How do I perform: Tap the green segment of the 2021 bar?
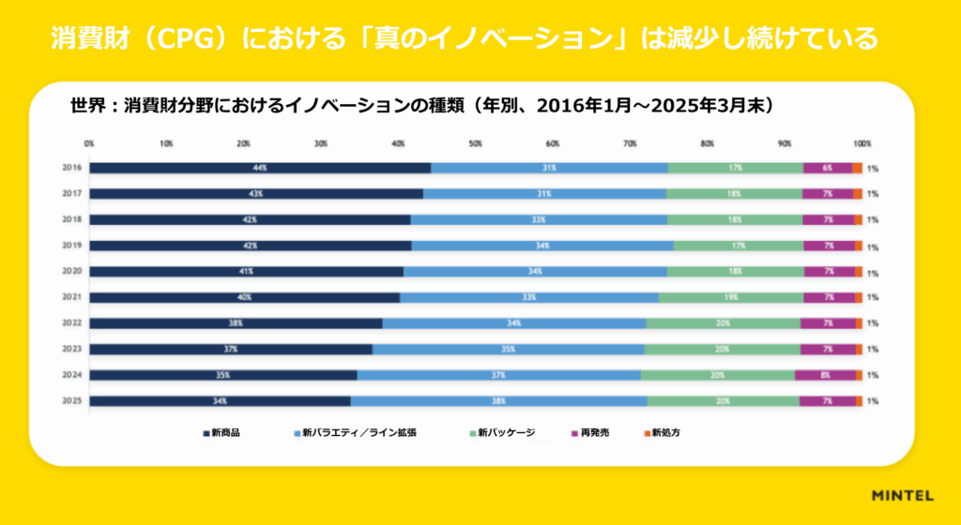click(730, 297)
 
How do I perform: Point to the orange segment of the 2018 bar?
click(858, 219)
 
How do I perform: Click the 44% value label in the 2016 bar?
click(260, 168)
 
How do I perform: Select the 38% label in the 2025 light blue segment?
click(499, 401)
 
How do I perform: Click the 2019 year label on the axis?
click(72, 246)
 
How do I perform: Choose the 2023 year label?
click(72, 349)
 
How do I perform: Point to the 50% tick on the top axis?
click(476, 144)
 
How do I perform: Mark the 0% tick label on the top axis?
click(89, 144)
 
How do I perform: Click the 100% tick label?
click(862, 144)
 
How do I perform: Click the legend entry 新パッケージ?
click(506, 433)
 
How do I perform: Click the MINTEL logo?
click(901, 495)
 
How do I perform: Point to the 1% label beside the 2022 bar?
click(873, 323)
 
